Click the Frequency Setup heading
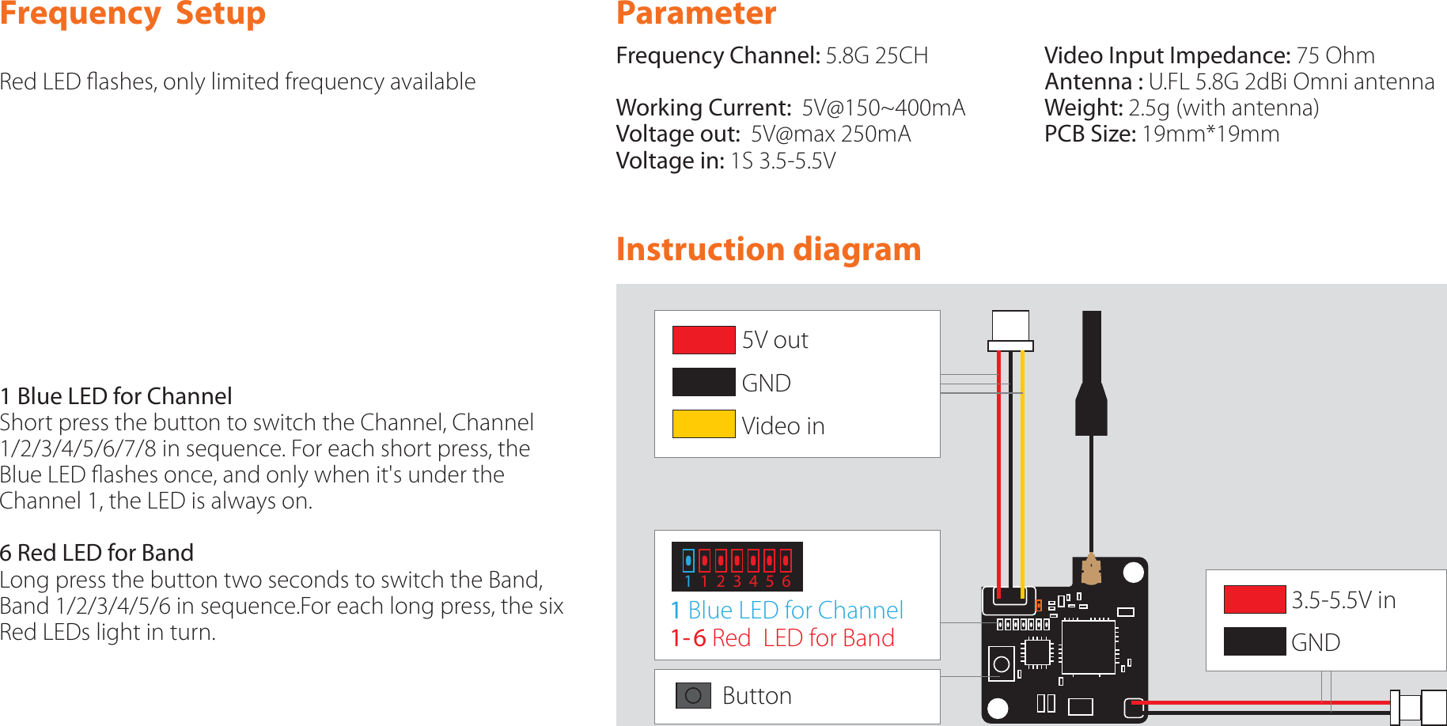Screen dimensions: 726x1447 tap(132, 13)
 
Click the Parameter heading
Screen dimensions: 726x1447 tap(695, 13)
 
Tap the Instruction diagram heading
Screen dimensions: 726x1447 tap(768, 249)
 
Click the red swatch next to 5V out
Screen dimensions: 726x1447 tap(703, 340)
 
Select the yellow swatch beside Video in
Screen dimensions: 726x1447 tap(703, 424)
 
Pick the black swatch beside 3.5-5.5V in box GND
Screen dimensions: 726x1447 tap(1254, 641)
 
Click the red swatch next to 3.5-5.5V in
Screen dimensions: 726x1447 tap(1254, 599)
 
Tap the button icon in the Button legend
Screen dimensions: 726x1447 tap(693, 696)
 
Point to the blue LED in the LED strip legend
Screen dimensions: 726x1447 tap(688, 561)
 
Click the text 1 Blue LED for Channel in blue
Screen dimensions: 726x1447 tap(786, 610)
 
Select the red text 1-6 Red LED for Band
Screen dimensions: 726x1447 tap(782, 638)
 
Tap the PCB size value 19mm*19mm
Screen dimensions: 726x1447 tap(1210, 134)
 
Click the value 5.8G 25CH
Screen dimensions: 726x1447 tap(876, 55)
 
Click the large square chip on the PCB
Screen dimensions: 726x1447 tap(1088, 647)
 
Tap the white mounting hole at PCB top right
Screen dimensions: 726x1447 tap(1134, 573)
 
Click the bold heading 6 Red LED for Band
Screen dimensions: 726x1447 tap(97, 553)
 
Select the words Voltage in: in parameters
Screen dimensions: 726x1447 tap(670, 161)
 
